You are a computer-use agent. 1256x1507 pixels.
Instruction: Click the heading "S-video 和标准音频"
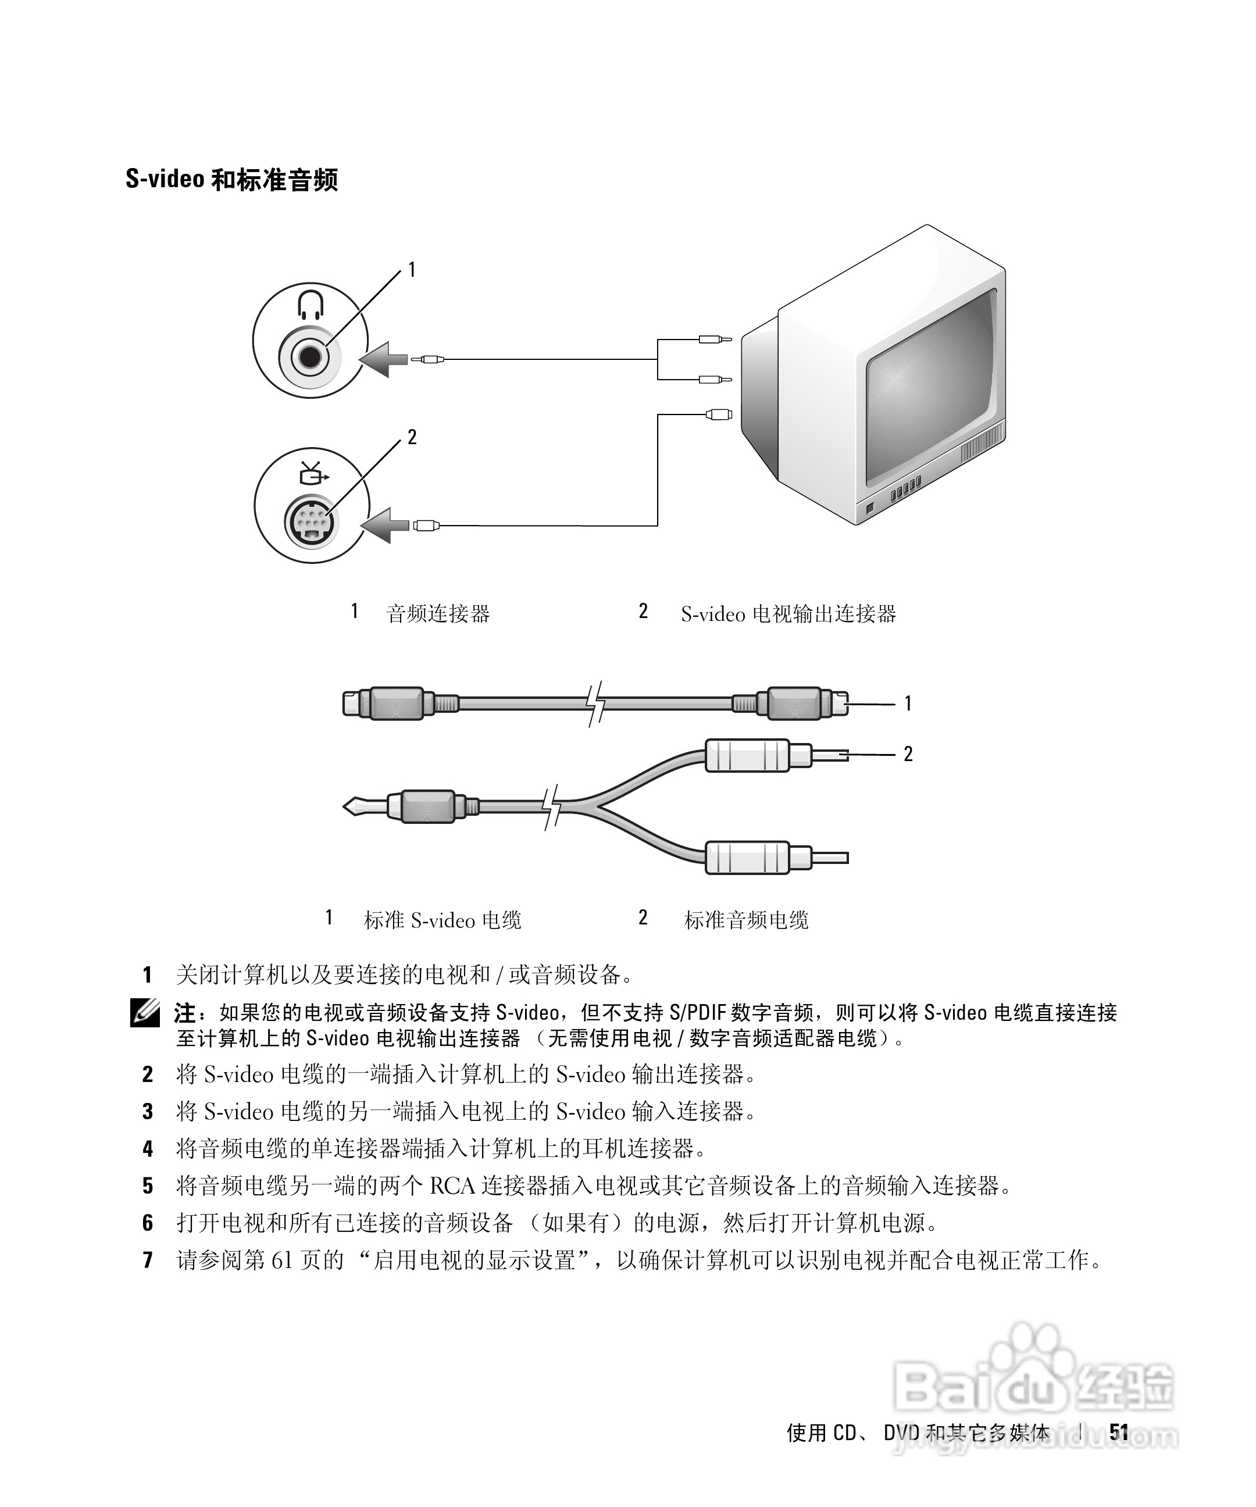231,180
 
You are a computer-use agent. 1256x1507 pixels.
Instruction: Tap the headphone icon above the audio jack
310,304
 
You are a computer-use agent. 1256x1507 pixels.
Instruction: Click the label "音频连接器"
438,613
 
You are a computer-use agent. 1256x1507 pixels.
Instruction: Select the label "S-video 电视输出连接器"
788,613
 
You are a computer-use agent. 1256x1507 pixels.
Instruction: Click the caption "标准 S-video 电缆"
442,920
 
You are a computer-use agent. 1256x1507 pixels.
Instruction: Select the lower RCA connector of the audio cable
748,858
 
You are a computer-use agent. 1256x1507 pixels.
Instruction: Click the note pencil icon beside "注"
145,1013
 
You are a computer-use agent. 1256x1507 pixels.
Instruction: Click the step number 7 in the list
148,1259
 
